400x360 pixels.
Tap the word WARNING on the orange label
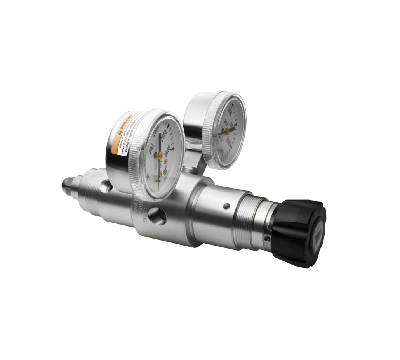click(127, 123)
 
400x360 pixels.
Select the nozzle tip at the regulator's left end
click(66, 185)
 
